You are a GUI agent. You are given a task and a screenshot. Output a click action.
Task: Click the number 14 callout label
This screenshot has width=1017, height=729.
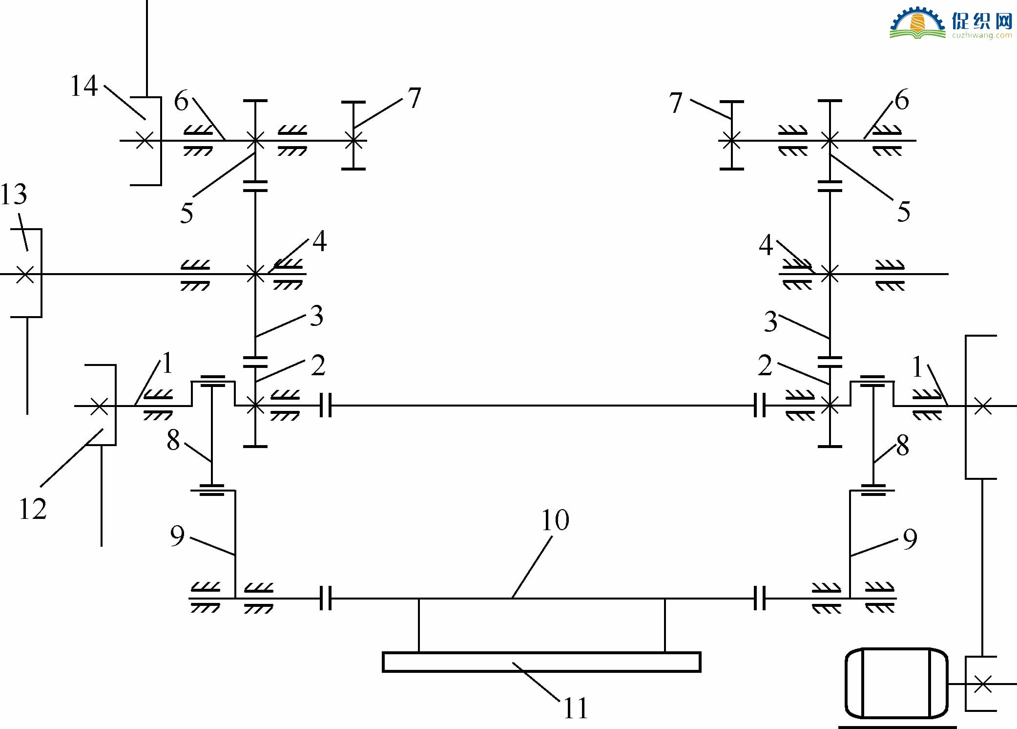point(84,86)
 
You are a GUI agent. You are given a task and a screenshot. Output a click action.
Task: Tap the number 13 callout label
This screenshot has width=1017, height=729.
point(14,194)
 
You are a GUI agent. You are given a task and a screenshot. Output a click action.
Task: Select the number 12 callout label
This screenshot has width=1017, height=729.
point(33,509)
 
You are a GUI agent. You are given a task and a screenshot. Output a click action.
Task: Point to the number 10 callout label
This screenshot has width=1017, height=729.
point(555,520)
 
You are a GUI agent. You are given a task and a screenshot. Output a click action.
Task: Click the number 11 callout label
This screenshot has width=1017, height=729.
point(576,708)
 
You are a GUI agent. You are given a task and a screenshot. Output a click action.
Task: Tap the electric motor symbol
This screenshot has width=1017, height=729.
point(896,684)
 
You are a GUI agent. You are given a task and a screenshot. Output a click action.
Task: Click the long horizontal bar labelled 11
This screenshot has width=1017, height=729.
point(541,662)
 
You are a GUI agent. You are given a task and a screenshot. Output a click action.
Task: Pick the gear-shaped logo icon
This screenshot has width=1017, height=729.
point(917,22)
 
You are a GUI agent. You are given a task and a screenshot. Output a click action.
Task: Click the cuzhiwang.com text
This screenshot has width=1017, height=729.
point(982,35)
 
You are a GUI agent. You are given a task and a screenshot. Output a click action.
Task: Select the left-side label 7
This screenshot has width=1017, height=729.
point(414,98)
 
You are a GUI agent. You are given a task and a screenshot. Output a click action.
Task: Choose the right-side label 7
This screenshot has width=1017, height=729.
point(676,103)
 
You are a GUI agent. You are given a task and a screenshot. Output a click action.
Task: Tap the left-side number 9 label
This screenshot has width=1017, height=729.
point(177,536)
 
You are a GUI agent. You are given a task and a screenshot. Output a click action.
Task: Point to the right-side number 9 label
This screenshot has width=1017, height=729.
point(910,539)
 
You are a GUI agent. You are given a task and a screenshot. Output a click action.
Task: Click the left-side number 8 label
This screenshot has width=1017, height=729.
point(173,440)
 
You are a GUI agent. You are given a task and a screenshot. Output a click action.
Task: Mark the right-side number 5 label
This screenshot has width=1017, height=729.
point(904,212)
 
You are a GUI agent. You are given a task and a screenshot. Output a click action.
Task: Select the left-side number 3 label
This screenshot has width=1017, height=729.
point(317,316)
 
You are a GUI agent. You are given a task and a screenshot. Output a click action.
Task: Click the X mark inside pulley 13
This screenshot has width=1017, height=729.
point(25,274)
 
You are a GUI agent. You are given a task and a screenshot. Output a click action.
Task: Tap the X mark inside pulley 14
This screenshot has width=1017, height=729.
point(145,141)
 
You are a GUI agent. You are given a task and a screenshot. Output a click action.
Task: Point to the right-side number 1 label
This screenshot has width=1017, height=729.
point(917,366)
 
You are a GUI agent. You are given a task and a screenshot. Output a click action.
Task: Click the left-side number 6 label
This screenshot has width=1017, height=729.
point(181,101)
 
